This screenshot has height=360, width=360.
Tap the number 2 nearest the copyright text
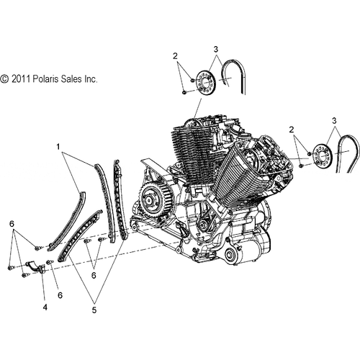[174, 55]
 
